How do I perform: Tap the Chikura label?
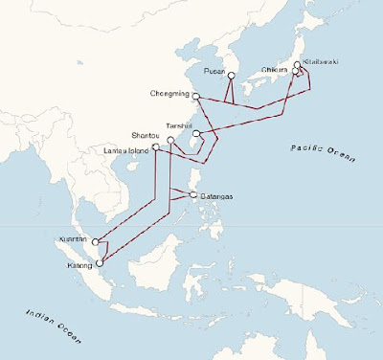[x=276, y=69]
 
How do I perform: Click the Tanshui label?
[x=180, y=125]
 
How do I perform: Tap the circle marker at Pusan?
[x=231, y=76]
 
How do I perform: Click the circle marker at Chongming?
[x=195, y=96]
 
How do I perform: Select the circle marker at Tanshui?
[x=195, y=133]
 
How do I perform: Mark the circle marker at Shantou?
[x=170, y=141]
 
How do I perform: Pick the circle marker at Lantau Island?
[x=154, y=148]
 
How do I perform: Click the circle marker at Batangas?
[x=194, y=196]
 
